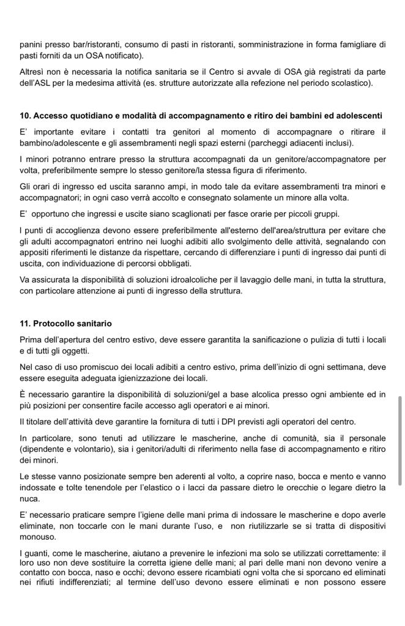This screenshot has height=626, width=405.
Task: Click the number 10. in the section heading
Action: [x=25, y=116]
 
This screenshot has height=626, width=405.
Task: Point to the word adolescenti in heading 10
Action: [x=360, y=116]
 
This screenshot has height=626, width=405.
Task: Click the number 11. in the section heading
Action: [x=25, y=323]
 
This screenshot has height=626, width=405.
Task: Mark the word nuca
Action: [x=29, y=498]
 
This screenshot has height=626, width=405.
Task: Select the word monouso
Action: [x=38, y=537]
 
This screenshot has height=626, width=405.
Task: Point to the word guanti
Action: [x=38, y=553]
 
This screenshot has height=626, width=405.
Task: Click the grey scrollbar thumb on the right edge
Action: [x=400, y=440]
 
